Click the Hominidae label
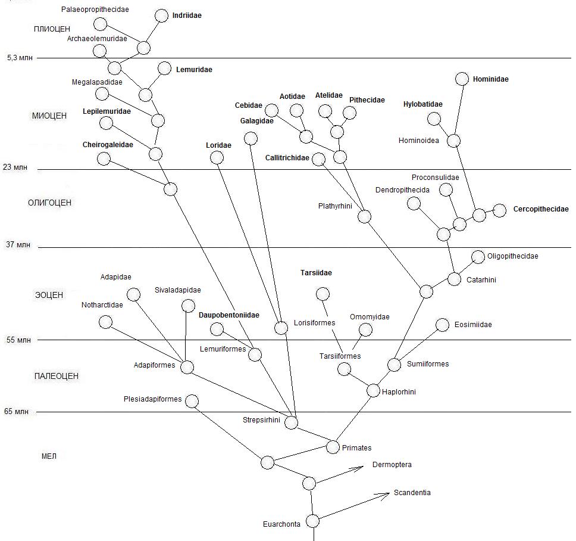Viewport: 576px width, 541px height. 490,79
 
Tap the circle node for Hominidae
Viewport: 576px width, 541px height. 462,79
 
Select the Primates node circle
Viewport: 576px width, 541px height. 333,447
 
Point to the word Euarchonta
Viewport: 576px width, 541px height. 281,524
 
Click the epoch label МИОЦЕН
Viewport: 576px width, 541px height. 49,116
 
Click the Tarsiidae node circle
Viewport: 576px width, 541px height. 323,294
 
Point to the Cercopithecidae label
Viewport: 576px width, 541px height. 541,209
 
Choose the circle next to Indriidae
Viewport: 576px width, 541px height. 161,15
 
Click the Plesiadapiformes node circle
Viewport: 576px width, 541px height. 192,401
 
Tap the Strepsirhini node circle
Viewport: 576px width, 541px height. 291,422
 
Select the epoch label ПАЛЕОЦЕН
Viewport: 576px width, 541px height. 56,376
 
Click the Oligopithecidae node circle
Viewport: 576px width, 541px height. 478,257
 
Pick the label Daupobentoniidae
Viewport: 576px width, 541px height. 229,315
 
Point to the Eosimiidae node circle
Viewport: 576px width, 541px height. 442,325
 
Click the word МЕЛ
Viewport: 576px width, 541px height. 48,456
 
